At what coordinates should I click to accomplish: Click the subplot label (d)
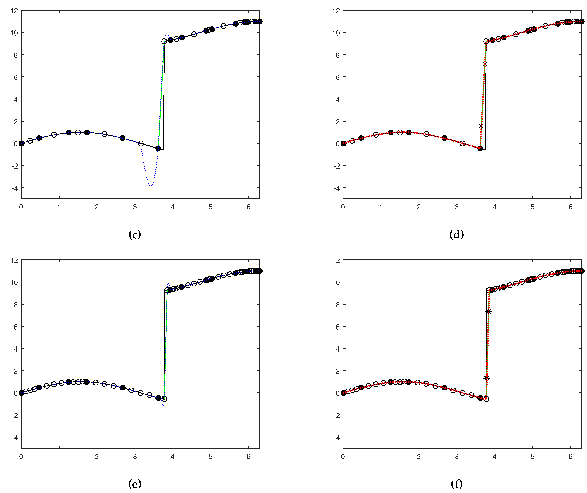click(x=456, y=234)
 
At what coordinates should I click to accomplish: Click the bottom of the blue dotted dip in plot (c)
click(x=151, y=186)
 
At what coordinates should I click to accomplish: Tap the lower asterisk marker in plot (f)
click(x=487, y=378)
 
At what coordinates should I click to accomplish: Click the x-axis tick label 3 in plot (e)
click(x=135, y=457)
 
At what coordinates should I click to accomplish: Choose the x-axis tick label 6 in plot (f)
click(x=570, y=457)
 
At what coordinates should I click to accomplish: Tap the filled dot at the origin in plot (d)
click(x=343, y=144)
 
